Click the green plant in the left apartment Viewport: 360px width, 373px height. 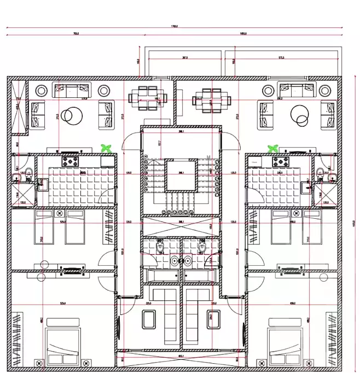(107, 148)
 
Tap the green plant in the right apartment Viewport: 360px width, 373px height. (271, 148)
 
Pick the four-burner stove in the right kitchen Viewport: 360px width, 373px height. (281, 161)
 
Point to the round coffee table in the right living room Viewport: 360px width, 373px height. (300, 115)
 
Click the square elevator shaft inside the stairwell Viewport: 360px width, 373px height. (181, 175)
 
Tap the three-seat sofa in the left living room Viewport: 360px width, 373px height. (71, 88)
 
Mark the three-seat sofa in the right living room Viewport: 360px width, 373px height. (293, 88)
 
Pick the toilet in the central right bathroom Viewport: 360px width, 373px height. (201, 249)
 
